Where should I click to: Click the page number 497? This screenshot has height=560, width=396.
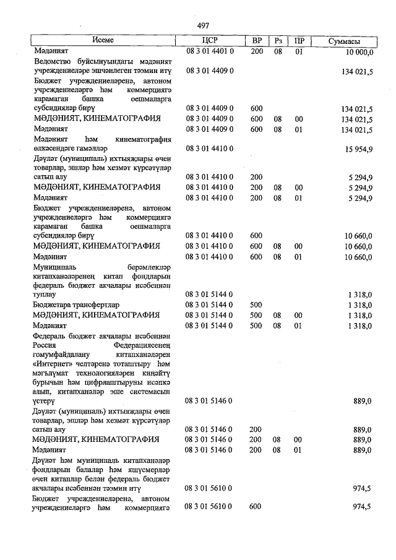(203, 26)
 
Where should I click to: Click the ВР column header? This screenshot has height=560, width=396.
(257, 40)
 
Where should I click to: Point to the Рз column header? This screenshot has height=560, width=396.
(278, 40)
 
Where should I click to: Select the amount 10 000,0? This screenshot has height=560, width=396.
(356, 52)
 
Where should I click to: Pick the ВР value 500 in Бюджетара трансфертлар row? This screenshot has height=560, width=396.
(256, 305)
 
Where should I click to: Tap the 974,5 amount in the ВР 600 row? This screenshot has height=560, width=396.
(361, 507)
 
